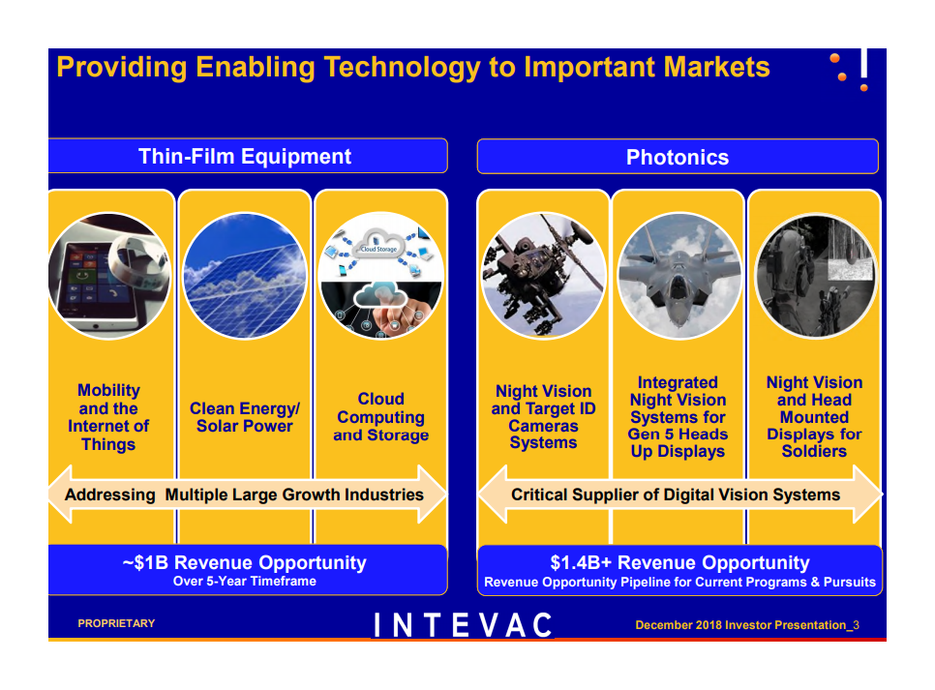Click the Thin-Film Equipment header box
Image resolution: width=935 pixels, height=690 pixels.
click(x=248, y=156)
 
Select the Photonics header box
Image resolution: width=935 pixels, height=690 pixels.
click(x=678, y=157)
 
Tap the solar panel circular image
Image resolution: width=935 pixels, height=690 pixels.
click(x=245, y=276)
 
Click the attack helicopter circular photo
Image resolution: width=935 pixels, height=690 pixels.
click(x=543, y=276)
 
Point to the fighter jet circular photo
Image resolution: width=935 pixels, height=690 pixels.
click(x=679, y=276)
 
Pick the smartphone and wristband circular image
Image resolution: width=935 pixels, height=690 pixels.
click(x=109, y=276)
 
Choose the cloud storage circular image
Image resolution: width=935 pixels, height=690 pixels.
click(x=381, y=276)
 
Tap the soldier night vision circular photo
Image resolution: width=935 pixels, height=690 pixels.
click(x=815, y=276)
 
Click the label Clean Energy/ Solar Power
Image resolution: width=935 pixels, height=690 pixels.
click(x=245, y=417)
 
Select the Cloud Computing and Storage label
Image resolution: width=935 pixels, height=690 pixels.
click(x=381, y=417)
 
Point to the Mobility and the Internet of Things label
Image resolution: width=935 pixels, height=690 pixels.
click(x=108, y=417)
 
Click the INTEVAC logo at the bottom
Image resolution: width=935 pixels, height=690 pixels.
click(x=463, y=625)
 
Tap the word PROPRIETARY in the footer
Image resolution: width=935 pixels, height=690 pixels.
click(x=116, y=623)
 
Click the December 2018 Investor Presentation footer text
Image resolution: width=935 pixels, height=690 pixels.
click(x=746, y=625)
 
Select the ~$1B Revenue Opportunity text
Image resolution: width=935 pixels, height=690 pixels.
click(x=245, y=562)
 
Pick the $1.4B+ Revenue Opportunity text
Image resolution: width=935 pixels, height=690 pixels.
click(x=679, y=562)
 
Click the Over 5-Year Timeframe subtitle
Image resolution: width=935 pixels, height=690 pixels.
click(x=245, y=581)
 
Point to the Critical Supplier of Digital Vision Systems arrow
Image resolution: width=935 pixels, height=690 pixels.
click(x=679, y=495)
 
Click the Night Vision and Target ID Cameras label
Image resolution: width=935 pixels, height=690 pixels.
click(x=543, y=417)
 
